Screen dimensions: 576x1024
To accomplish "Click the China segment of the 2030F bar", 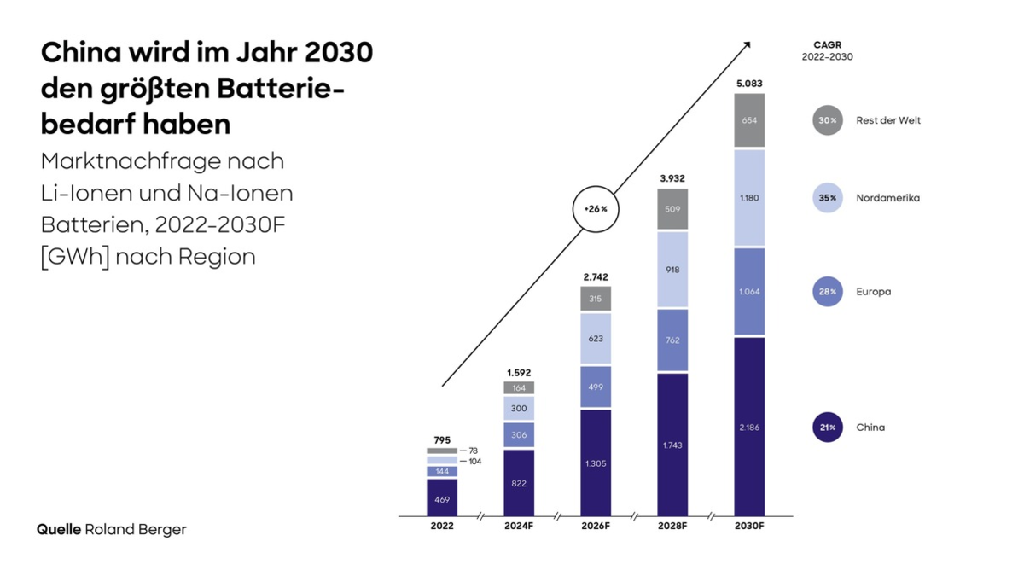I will (x=749, y=427).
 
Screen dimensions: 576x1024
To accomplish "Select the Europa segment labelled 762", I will (x=672, y=340).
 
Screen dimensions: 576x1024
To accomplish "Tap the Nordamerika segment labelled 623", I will (x=596, y=339).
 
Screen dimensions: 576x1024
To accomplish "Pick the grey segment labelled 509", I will (x=672, y=209).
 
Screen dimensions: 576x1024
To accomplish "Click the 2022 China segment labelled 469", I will (x=442, y=497).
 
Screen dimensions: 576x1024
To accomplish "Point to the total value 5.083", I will (x=749, y=84).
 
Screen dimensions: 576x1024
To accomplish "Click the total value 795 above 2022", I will (x=442, y=440).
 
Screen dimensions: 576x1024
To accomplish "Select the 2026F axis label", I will (x=596, y=527).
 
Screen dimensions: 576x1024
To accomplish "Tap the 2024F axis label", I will (x=519, y=527).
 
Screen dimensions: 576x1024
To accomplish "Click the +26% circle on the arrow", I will (x=596, y=209).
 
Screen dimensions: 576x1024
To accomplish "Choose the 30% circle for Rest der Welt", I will (x=828, y=120).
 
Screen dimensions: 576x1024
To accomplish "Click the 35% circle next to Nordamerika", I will (x=828, y=198).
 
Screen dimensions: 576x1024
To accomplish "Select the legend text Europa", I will (x=873, y=292).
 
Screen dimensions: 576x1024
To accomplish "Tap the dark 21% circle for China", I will (x=828, y=427).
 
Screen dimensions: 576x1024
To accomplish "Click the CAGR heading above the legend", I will (x=827, y=44).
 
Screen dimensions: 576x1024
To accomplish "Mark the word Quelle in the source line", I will (x=58, y=529).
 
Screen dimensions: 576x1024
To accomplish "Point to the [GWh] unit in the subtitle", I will (x=72, y=256).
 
